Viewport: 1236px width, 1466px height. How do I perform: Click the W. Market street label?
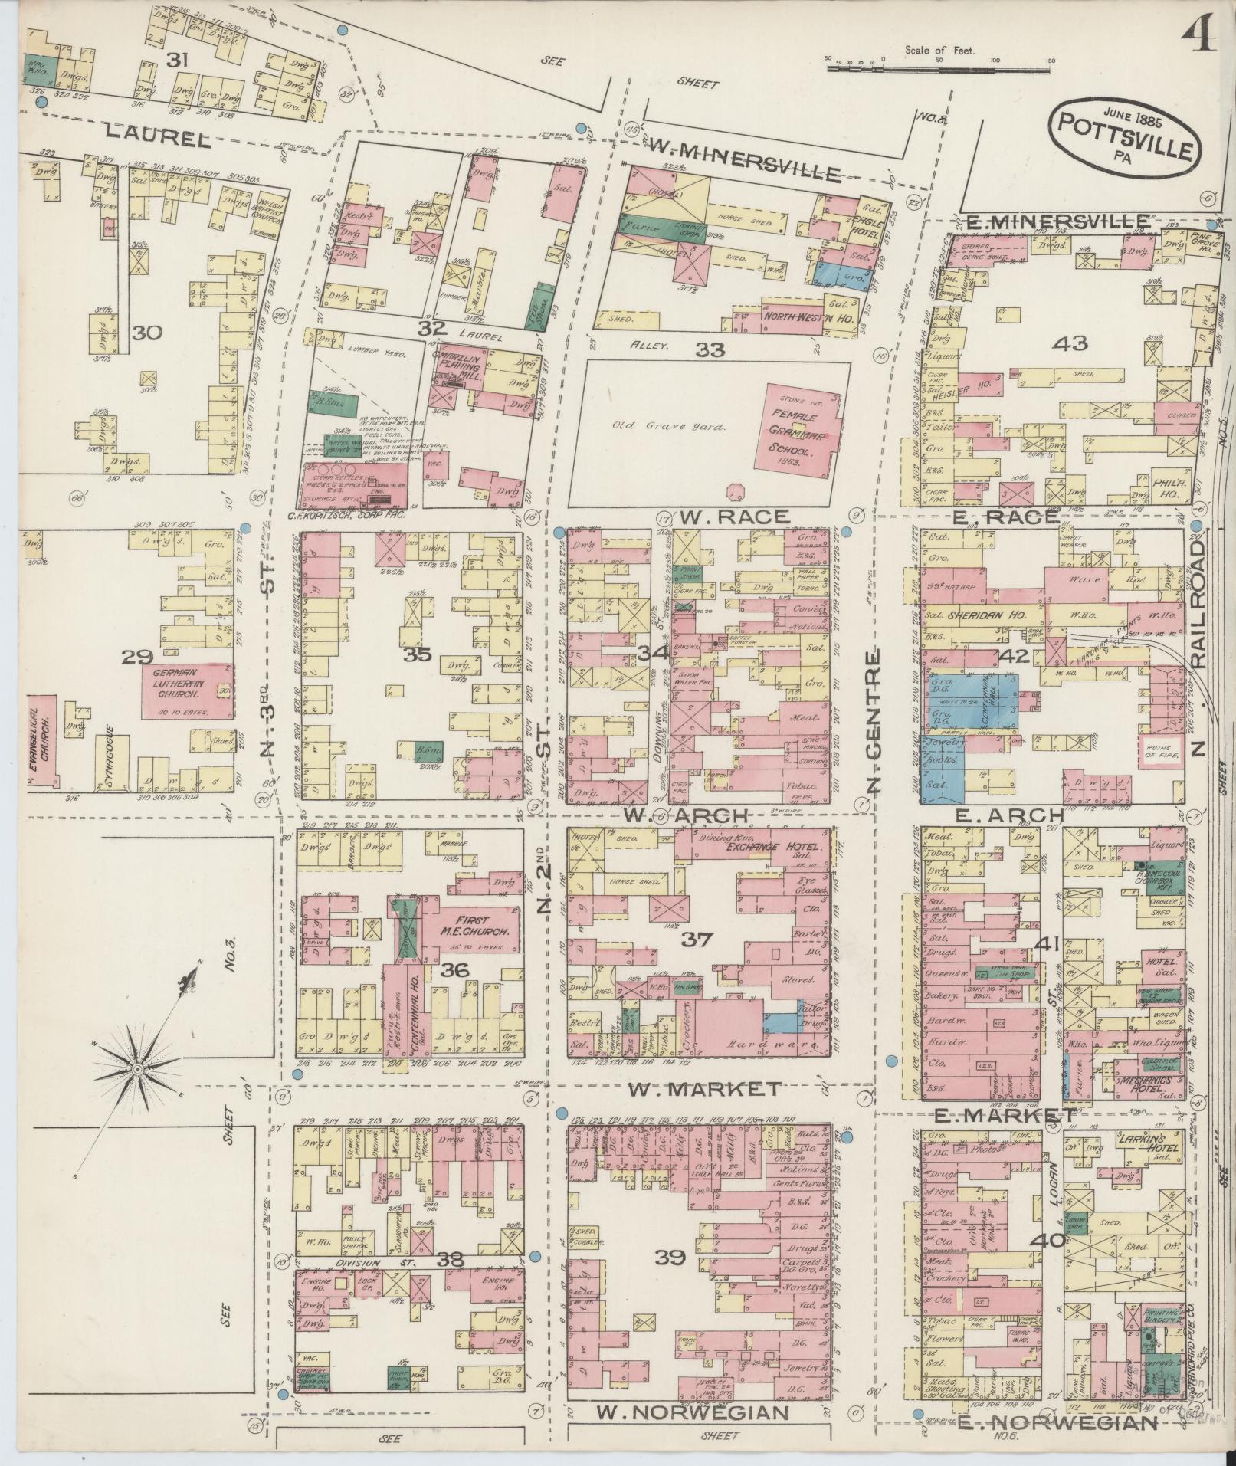(x=704, y=1088)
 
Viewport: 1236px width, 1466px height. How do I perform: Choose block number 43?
(x=1070, y=343)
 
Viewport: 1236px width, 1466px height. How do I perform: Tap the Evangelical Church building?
(x=45, y=740)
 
